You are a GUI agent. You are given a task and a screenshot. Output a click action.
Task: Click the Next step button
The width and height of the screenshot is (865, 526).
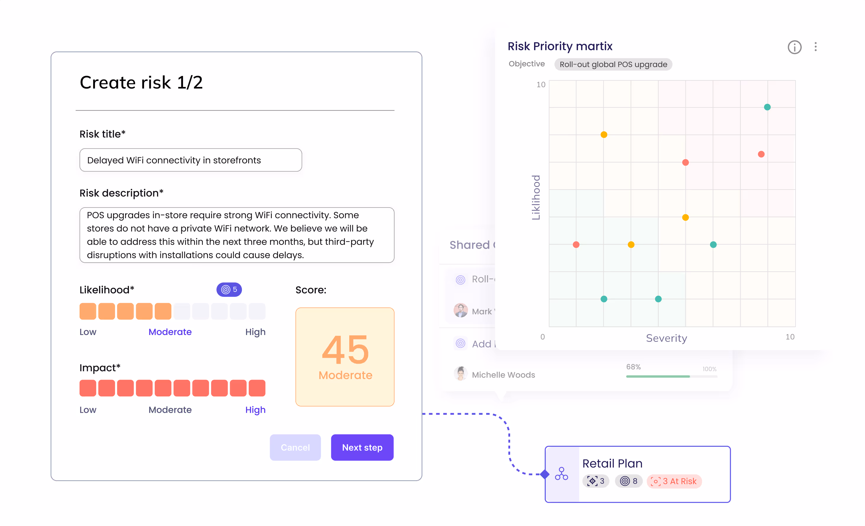362,447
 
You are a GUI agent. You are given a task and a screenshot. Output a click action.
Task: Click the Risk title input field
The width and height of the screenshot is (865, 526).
191,160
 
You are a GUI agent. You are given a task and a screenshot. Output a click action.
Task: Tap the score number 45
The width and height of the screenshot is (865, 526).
345,349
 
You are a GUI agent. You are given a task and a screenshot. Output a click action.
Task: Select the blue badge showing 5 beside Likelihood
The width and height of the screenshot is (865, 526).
229,289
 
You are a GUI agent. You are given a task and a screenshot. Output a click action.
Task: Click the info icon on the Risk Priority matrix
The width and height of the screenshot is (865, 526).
794,47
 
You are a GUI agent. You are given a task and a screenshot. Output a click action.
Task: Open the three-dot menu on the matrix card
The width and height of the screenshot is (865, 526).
816,47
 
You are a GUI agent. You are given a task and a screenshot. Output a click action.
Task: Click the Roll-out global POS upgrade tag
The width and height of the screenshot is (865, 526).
613,64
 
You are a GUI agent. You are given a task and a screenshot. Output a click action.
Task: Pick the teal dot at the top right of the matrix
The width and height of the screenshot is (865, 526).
767,107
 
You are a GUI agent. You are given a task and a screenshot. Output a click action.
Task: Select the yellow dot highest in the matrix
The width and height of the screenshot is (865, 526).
604,135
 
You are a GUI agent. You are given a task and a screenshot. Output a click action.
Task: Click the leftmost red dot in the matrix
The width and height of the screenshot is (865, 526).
576,245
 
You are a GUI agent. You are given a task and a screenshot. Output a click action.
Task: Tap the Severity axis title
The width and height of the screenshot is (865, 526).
666,338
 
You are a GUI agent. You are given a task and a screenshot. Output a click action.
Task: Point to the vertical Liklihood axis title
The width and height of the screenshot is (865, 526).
536,197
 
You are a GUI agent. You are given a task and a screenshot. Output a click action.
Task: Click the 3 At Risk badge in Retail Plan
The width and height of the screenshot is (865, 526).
674,481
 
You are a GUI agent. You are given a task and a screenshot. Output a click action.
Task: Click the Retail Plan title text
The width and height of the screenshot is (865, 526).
612,464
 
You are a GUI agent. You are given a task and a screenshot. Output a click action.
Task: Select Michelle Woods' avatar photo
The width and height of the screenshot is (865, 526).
460,374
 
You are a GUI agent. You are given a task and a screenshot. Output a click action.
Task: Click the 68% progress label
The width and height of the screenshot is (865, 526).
633,367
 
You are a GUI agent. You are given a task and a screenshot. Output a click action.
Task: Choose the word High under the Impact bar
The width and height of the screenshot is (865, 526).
255,410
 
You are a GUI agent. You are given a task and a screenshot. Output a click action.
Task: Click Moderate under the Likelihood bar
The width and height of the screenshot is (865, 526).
170,332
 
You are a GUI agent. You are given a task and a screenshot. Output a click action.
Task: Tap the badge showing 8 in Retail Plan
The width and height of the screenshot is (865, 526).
628,481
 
